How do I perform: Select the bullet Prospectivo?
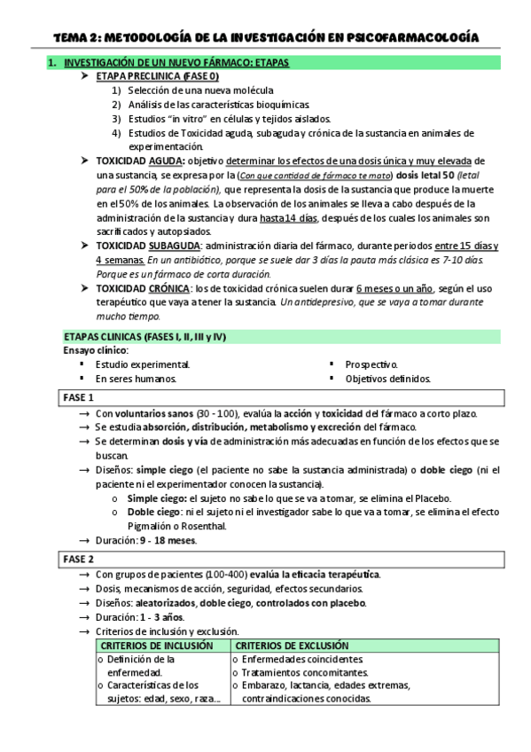[x=371, y=364]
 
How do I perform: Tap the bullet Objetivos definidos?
[x=387, y=379]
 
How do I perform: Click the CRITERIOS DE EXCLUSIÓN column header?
[x=293, y=646]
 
